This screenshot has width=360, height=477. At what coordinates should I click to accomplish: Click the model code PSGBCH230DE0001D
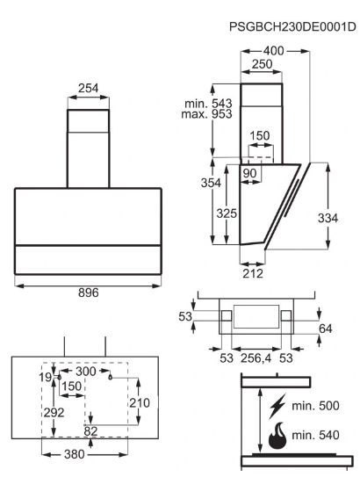tap(292, 26)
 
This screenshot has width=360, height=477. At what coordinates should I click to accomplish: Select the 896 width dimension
tap(88, 293)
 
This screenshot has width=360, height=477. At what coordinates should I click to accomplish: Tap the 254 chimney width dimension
tap(88, 88)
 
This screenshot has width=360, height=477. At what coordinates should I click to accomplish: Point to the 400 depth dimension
tap(274, 51)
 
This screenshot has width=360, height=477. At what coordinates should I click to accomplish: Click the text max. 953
tap(206, 114)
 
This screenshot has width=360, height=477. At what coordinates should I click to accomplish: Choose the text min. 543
tap(208, 104)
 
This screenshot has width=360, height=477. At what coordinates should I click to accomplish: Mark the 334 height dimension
tap(328, 218)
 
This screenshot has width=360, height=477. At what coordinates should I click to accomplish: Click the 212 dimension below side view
tap(253, 273)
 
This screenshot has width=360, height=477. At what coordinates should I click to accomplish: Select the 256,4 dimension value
tap(256, 358)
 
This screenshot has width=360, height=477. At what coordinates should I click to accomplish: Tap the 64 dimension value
tap(326, 329)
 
